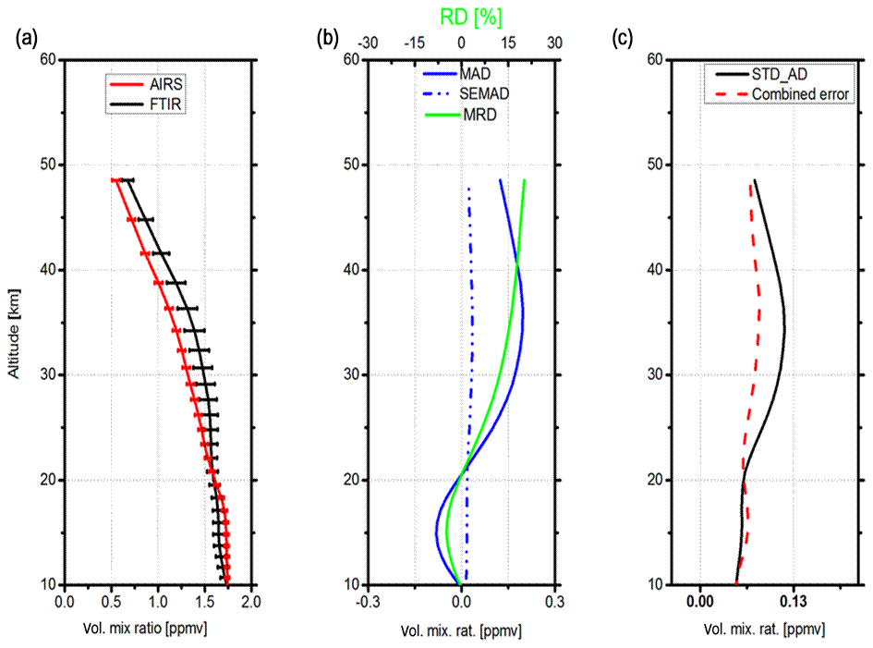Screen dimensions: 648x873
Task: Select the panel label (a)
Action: [x=26, y=38]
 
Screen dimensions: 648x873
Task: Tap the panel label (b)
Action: [x=327, y=38]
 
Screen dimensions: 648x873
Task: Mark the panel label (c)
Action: [x=624, y=38]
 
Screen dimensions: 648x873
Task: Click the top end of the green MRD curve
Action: [x=525, y=180]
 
